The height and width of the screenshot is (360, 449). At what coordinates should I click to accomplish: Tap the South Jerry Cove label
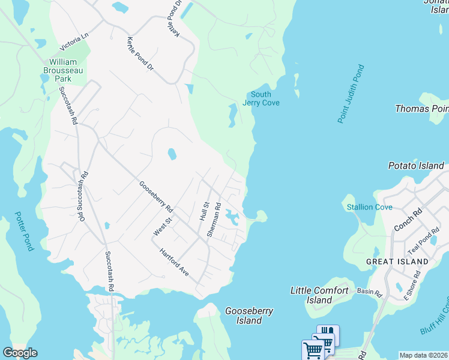pos(261,98)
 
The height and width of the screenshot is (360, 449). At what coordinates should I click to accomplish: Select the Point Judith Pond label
pos(351,94)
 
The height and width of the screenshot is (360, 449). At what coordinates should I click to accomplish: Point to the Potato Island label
pos(416,166)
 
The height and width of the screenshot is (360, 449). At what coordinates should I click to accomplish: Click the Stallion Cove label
pos(370,207)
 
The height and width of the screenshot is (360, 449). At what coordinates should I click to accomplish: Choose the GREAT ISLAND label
pos(397,262)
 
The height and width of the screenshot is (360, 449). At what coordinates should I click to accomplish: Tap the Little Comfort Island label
pos(319,295)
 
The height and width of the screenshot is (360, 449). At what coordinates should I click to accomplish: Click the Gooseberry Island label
pos(249,316)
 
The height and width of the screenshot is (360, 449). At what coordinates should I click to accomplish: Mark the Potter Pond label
pos(25,231)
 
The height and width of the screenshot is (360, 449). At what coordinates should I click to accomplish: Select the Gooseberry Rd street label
pos(156,197)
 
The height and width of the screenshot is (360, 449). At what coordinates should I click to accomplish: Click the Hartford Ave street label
pos(175,263)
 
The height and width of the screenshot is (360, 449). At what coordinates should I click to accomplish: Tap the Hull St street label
pos(203,211)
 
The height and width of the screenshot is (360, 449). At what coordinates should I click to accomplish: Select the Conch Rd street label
pos(409,220)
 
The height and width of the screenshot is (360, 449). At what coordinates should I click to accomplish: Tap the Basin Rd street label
pos(369,293)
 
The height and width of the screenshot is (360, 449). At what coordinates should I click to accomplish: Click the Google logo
pos(20,353)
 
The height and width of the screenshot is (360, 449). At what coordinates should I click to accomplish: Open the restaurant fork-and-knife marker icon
pos(328,333)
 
